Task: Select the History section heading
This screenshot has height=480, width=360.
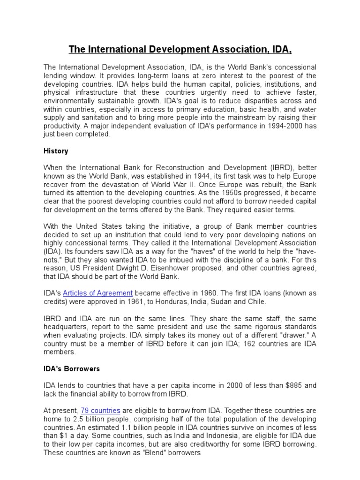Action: [56, 151]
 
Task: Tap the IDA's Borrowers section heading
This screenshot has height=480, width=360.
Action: [69, 368]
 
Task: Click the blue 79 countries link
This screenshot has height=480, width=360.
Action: [101, 410]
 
